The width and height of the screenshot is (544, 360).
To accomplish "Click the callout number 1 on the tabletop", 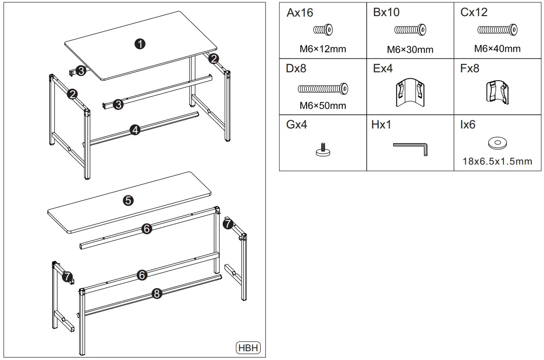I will (140, 43).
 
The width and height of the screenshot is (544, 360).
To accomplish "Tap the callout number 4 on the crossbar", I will (135, 129).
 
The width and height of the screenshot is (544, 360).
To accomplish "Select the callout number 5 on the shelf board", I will (128, 200).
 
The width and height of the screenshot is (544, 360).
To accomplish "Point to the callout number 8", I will (156, 294).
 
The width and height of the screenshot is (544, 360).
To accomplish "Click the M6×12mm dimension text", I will (323, 49).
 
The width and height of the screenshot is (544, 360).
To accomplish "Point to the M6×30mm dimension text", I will (410, 49).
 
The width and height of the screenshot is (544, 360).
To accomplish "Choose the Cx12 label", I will (474, 13).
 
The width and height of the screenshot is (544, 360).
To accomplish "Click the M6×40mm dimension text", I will (497, 48).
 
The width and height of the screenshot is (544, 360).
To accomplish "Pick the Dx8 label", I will (296, 69).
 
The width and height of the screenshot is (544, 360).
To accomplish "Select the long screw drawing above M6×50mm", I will (323, 89).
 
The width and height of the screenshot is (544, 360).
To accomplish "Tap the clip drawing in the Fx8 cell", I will (497, 92).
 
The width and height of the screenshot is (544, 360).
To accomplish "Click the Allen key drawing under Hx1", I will (411, 148).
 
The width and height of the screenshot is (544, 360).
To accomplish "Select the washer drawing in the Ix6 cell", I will (497, 143).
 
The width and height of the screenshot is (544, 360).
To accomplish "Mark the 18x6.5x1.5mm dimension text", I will (497, 161).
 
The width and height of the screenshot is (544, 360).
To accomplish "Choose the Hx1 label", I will (381, 125).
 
